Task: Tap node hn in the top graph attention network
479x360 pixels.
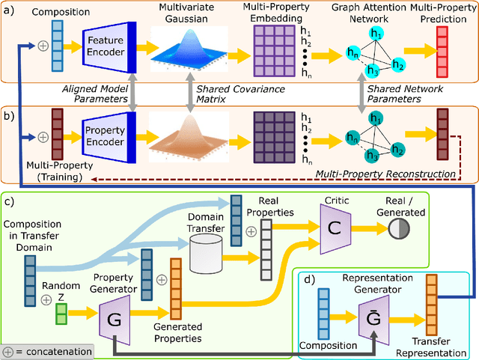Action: click(352, 54)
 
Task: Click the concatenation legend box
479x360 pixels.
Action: click(48, 351)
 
